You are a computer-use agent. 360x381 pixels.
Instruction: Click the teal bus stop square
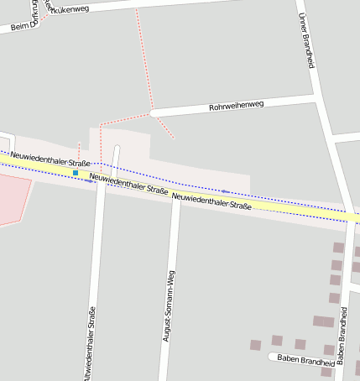point(76,173)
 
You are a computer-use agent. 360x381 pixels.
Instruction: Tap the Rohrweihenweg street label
point(236,107)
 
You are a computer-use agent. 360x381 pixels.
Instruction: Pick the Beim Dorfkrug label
point(26,23)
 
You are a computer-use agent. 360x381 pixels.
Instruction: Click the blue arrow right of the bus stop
point(90,180)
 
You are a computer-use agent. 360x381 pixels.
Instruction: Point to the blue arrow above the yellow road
point(225,191)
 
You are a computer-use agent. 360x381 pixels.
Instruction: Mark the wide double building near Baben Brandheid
point(323,321)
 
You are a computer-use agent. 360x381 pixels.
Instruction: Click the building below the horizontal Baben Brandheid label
point(326,372)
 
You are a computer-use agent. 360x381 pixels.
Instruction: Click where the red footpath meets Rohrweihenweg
point(151,111)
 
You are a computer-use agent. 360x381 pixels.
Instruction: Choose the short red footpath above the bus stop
point(79,151)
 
